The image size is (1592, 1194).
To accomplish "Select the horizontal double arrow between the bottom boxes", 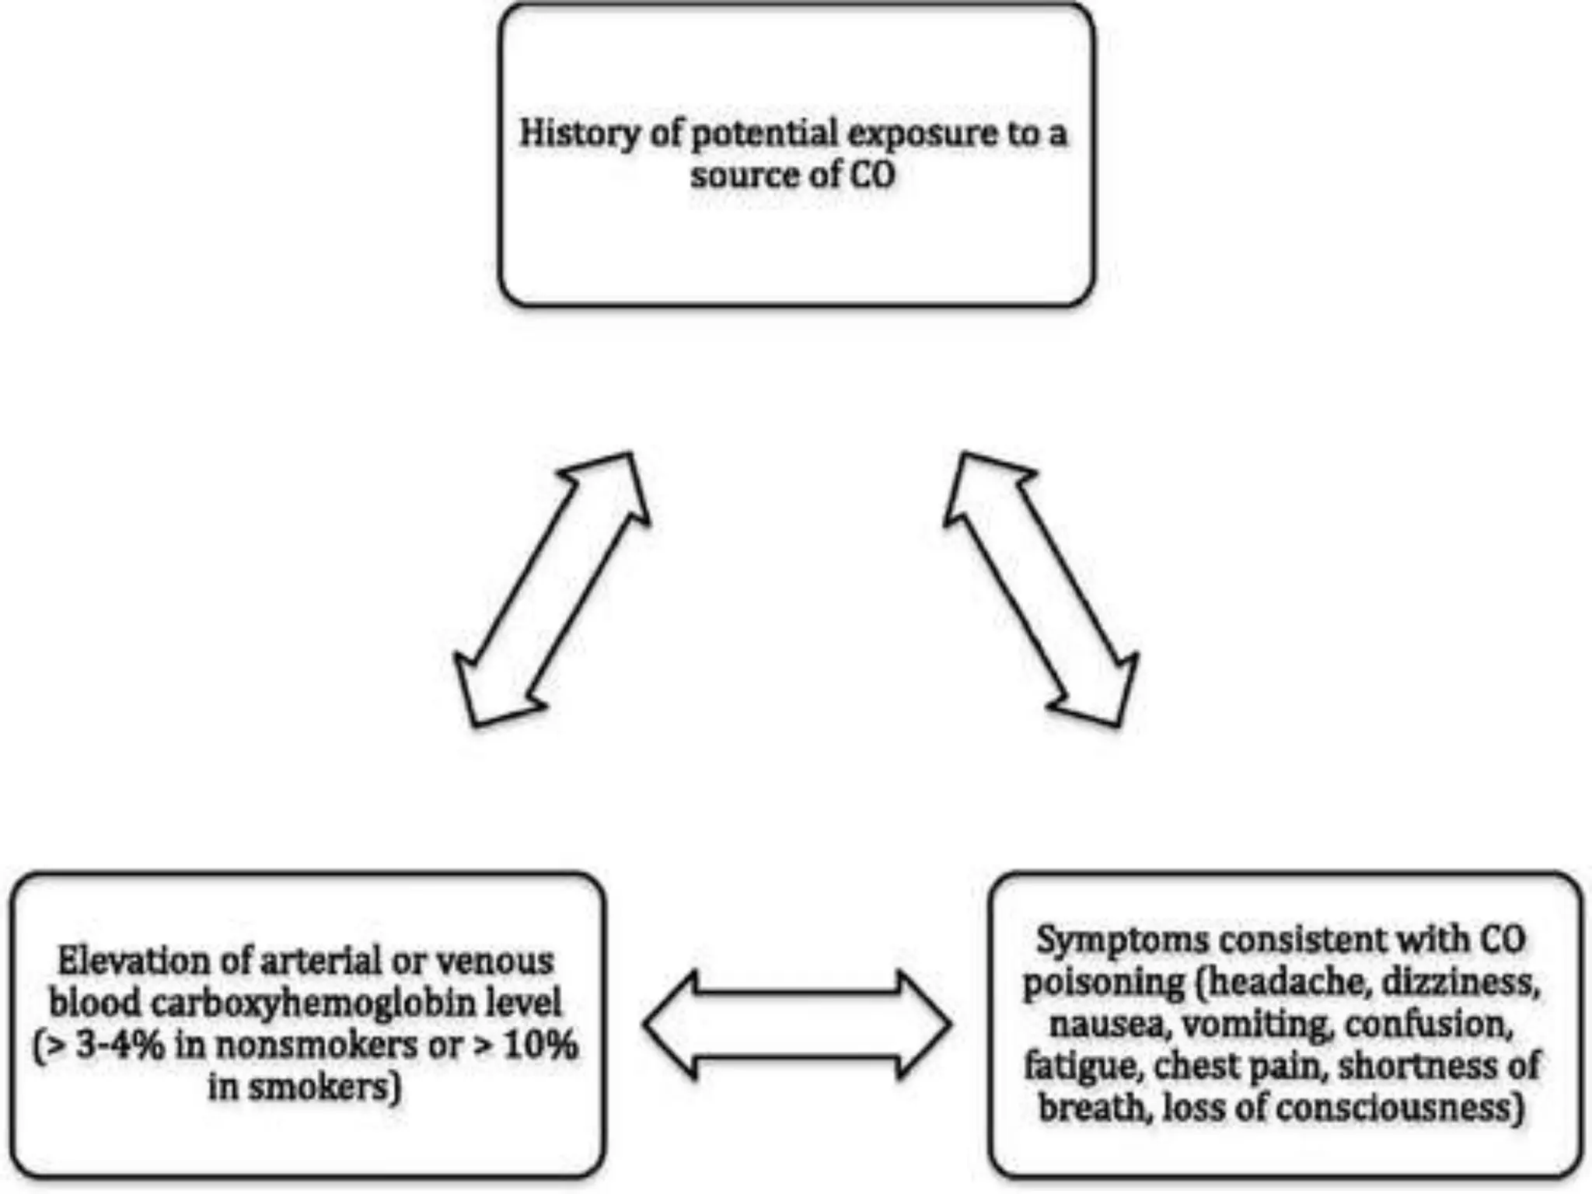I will [798, 1025].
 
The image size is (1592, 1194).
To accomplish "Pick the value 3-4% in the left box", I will [120, 1046].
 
